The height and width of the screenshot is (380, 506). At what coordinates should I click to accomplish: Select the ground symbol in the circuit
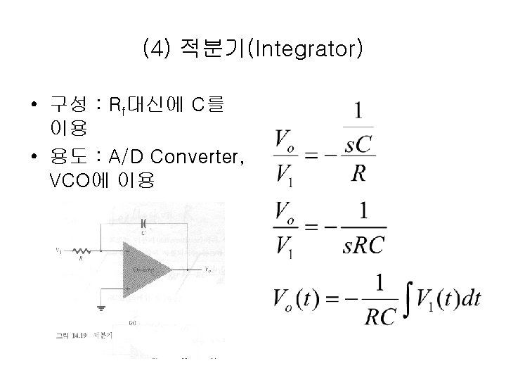click(x=102, y=308)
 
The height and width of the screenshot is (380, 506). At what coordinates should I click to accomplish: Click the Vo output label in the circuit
click(x=207, y=270)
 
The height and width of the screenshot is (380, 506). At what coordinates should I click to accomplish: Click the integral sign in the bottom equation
click(x=406, y=298)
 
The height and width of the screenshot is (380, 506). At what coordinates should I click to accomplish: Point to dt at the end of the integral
click(x=467, y=298)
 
